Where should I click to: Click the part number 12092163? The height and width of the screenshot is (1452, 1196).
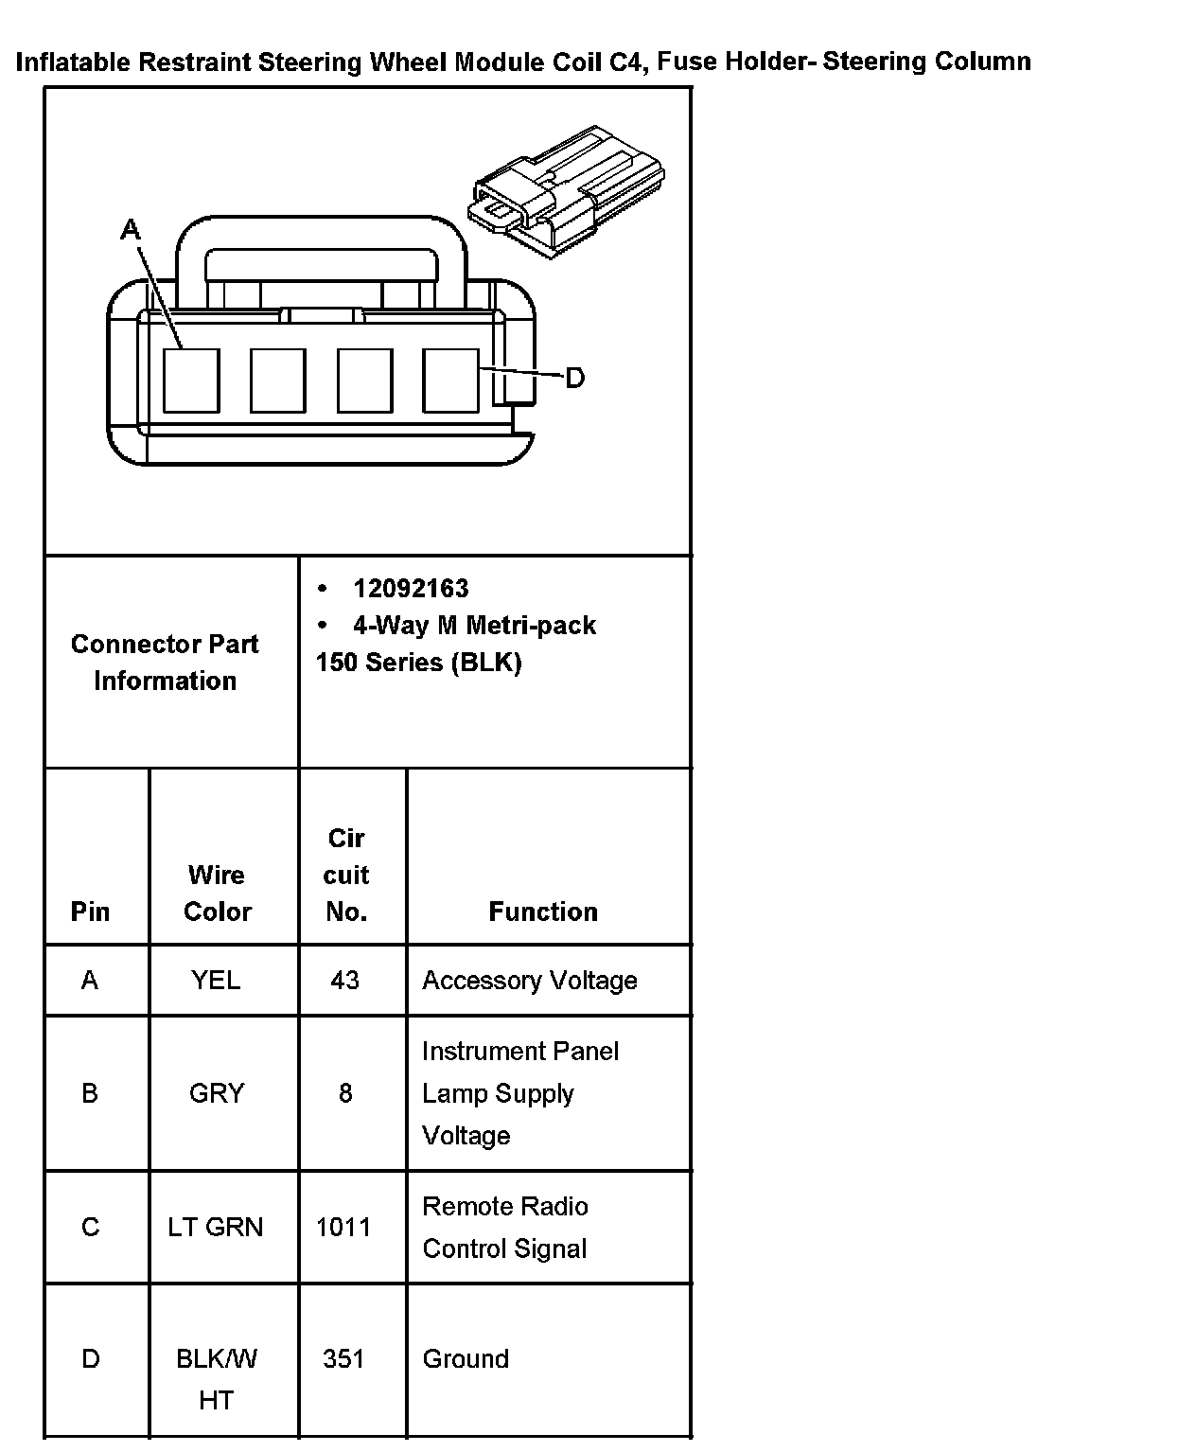coord(411,589)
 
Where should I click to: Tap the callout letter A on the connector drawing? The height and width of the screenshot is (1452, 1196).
coord(131,229)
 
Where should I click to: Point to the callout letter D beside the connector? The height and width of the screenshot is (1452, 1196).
coord(574,379)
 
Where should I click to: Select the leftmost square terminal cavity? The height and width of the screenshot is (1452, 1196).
coord(191,381)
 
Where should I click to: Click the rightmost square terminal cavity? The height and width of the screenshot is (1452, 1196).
coord(450,381)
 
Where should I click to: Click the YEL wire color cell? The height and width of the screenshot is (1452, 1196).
coord(216,980)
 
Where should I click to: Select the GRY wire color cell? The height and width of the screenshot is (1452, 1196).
coord(217,1093)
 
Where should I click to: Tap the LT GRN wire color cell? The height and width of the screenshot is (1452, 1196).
coord(216,1227)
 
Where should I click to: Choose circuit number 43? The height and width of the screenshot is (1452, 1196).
coord(344,980)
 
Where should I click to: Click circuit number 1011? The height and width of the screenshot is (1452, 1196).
coord(343,1227)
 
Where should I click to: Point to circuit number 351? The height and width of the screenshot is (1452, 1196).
coord(343,1358)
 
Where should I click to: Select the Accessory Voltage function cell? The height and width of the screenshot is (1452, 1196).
coord(529,980)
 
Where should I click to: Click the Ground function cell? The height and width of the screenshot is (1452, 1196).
coord(466,1358)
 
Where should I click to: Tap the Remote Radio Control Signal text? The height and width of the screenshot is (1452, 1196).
coord(505,1227)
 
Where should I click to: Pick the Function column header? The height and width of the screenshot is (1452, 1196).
coord(543,912)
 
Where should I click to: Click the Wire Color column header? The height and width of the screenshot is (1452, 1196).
coord(217,893)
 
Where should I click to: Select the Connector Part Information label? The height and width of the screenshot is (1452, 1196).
coord(165,662)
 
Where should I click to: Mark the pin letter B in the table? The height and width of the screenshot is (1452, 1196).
coord(90,1093)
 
